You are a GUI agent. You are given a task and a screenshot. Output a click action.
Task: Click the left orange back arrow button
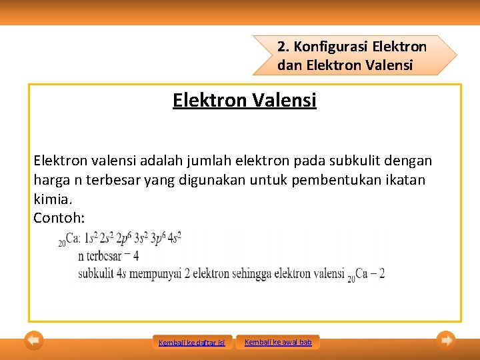(34, 341)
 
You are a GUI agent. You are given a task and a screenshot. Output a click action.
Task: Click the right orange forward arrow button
(446, 341)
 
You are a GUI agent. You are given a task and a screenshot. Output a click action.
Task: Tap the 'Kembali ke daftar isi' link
(192, 343)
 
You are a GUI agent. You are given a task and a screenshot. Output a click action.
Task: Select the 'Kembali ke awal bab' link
(278, 342)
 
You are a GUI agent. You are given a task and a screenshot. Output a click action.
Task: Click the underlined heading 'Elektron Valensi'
(244, 101)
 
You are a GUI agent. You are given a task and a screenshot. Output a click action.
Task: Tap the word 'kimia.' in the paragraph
(52, 199)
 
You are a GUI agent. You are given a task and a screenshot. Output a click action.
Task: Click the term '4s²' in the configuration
(175, 238)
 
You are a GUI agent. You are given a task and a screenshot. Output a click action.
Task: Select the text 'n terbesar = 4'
(108, 255)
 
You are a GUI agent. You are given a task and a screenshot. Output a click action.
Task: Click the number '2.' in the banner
(283, 47)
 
